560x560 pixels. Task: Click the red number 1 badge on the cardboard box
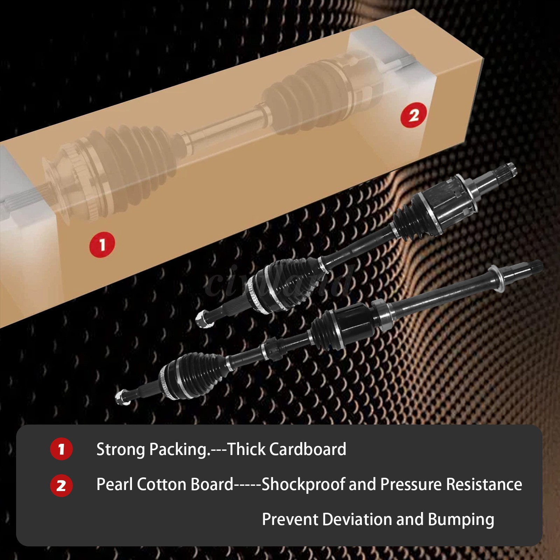[102, 245]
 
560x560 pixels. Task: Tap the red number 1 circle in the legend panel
[61, 449]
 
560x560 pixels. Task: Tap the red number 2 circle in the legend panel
[61, 485]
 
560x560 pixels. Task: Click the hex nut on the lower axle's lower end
[121, 398]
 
